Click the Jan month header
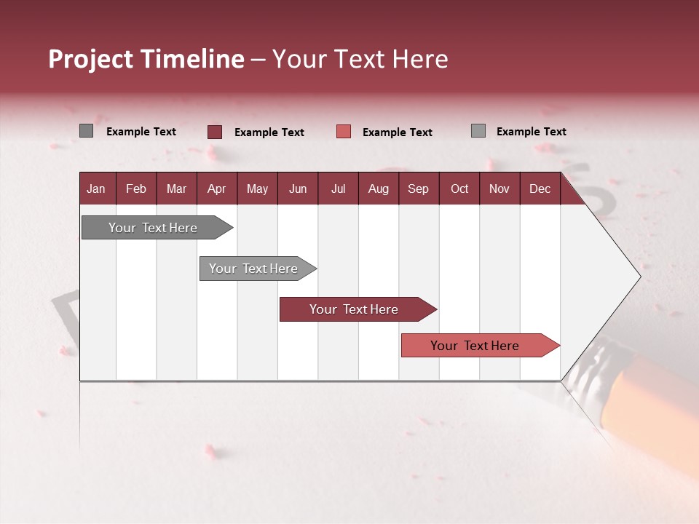96,188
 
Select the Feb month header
136,188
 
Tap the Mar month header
176,188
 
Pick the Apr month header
216,188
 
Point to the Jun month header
298,188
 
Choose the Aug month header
378,188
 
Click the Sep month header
418,188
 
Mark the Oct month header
459,188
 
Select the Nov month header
499,188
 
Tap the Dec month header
540,188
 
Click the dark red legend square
215,132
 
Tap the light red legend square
344,132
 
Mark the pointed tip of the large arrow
639,276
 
